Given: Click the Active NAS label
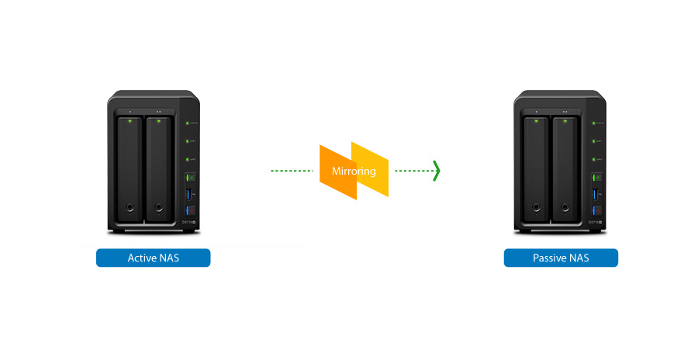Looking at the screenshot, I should point(153,258).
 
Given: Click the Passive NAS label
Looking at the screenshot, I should point(561,258).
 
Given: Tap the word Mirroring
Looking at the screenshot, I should point(354,171).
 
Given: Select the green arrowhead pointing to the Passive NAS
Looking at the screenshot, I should point(437,171).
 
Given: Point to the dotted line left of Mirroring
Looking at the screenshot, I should point(293,171).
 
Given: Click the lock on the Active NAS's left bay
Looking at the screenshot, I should point(129,208).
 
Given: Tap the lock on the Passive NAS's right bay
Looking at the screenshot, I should point(566,208).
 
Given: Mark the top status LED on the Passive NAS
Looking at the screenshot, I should point(594,123).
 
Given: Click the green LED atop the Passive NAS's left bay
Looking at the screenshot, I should point(537,120).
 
